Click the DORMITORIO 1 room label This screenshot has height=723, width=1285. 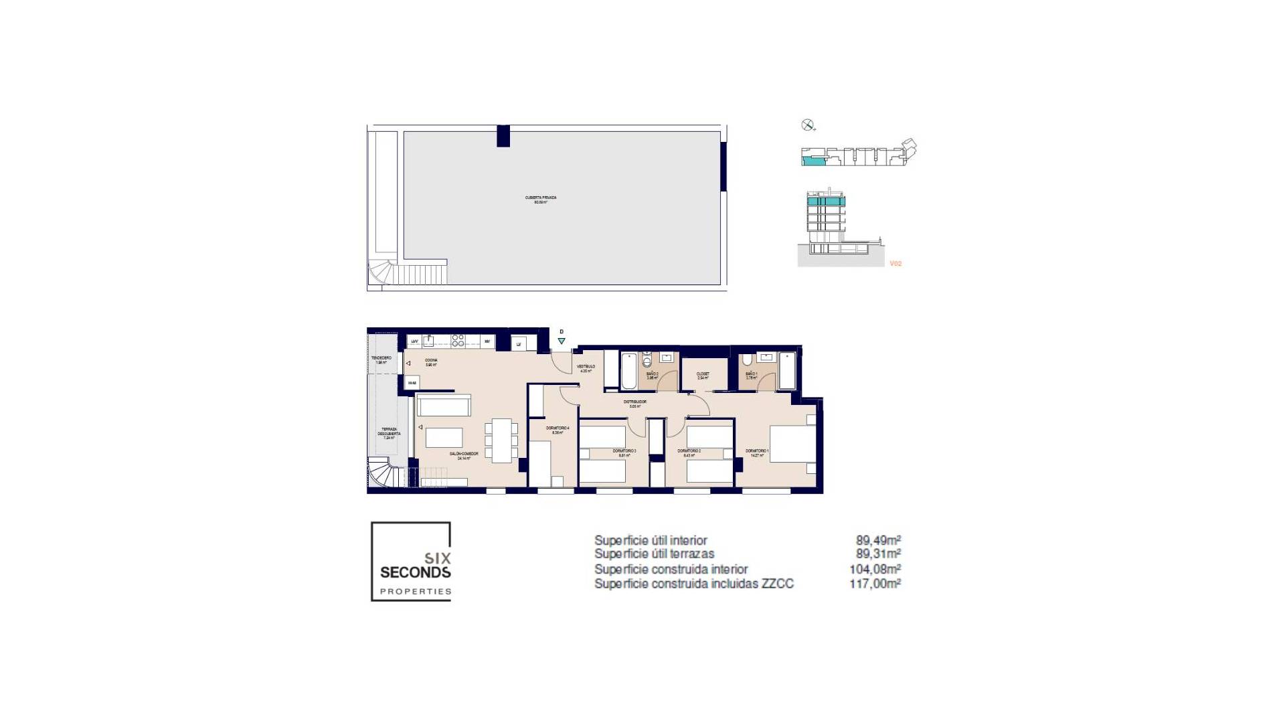pos(758,452)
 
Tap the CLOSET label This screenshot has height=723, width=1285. pos(703,374)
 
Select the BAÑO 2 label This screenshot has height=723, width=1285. pos(652,374)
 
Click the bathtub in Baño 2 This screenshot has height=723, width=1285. pos(630,372)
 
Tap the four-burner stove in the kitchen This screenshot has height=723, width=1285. pos(458,341)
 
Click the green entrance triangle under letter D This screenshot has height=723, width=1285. pos(562,341)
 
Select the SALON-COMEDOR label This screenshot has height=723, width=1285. pos(468,455)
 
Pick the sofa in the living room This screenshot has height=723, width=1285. pos(444,405)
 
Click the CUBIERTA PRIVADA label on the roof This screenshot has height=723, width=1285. pos(541,199)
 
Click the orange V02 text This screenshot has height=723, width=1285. pos(895,264)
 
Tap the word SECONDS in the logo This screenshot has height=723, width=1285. pos(415,572)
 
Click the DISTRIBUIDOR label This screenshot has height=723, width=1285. pos(634,402)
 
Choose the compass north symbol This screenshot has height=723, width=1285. pos(807,125)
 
